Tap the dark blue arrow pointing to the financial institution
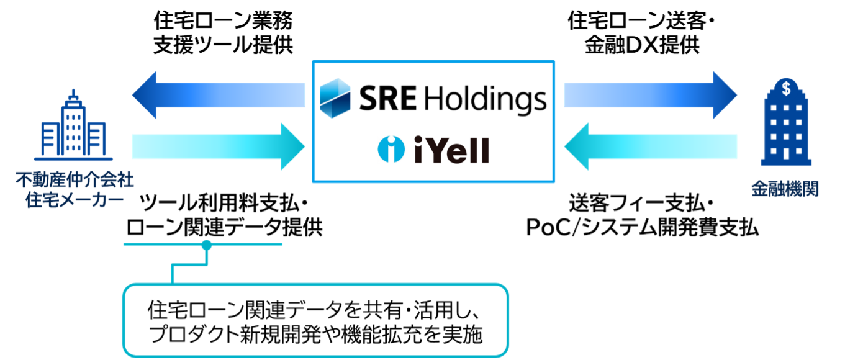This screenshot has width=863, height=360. pyautogui.click(x=649, y=95)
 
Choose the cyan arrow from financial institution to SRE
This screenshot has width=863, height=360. pyautogui.click(x=649, y=146)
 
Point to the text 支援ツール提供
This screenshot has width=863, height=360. pyautogui.click(x=222, y=46)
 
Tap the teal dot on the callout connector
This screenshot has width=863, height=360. pyautogui.click(x=206, y=245)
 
